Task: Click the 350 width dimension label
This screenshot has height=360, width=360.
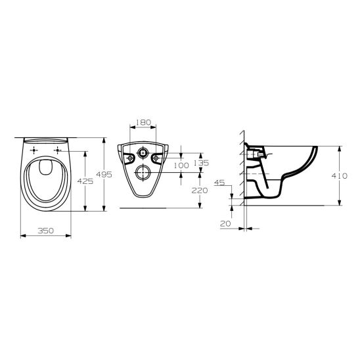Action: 46,231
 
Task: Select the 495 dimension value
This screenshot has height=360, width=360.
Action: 104,175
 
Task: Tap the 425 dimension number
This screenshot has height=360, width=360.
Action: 85,181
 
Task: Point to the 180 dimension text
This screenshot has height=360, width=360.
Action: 143,122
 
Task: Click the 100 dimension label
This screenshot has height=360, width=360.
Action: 181,166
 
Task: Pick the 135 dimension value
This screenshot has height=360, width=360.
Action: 202,163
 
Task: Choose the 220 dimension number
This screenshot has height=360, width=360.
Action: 200,191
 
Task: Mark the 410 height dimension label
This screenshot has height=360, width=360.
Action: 340,176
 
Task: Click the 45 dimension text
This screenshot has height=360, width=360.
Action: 219,183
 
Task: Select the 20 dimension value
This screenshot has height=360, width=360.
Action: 225,223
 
